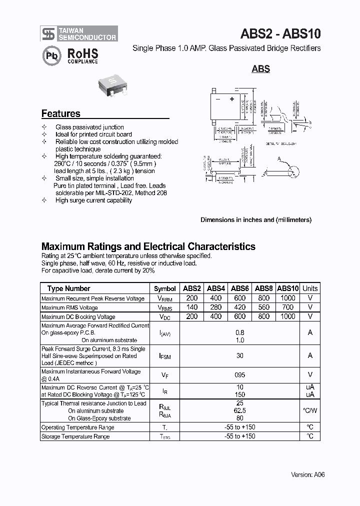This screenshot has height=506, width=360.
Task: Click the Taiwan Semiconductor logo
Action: [79, 33]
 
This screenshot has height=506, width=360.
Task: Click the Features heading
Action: [60, 113]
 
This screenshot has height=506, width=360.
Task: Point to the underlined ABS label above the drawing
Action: [260, 69]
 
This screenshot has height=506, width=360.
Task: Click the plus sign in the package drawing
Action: [232, 99]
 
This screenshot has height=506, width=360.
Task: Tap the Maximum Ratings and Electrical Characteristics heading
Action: [148, 246]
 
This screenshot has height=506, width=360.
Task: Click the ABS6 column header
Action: [240, 288]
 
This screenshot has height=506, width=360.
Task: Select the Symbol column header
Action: [164, 288]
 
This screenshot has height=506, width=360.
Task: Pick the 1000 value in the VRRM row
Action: [288, 298]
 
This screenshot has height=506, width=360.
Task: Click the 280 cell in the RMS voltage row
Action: [216, 307]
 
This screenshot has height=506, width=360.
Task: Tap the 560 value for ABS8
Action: [263, 307]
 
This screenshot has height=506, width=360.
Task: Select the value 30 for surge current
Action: [240, 355]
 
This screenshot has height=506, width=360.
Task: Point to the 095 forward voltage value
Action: [240, 374]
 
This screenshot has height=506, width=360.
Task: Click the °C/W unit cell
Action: [310, 410]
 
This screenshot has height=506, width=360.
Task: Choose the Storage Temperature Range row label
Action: [75, 436]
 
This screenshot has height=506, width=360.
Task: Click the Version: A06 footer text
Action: [308, 474]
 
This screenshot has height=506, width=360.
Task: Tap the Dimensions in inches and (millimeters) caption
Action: [256, 220]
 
